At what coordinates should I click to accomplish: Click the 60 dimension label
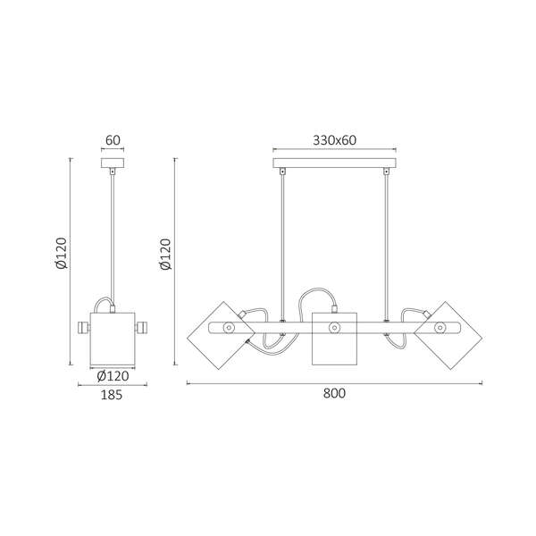click(x=113, y=140)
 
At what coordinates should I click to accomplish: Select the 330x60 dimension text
click(x=335, y=140)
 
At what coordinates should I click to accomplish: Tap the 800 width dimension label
click(x=334, y=393)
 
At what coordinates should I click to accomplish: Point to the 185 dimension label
click(x=112, y=395)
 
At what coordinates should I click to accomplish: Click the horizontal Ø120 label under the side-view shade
click(x=113, y=376)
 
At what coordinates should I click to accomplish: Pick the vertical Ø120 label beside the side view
click(x=62, y=253)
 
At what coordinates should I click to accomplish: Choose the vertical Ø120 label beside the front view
click(x=166, y=254)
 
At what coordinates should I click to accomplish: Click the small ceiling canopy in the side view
click(x=113, y=163)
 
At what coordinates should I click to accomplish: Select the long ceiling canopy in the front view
click(x=335, y=163)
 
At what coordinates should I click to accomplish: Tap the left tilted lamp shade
click(x=221, y=335)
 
